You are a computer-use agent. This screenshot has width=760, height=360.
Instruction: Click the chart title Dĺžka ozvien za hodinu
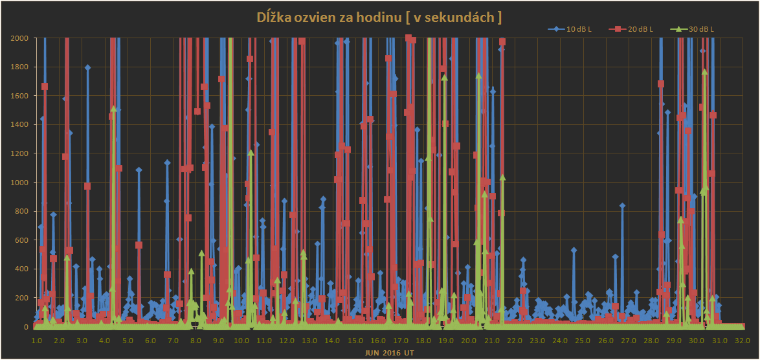380,17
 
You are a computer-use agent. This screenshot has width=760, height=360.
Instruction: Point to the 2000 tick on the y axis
19,38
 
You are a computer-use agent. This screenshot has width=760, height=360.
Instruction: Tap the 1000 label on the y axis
19,183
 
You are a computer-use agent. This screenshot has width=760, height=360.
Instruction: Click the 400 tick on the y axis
21,269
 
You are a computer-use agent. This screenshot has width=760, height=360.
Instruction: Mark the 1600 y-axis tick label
19,96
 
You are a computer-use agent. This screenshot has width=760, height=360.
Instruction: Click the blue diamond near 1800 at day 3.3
87,67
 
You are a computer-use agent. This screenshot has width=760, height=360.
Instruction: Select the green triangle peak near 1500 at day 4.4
113,109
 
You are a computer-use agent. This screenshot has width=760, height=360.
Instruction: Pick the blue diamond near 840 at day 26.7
622,205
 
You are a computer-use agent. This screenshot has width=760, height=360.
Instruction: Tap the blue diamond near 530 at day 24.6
574,250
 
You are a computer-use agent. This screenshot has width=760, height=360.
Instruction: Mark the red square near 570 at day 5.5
139,245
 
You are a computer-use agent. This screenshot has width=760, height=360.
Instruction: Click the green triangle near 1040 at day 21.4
502,177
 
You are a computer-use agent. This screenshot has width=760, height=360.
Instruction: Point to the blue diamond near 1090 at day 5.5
139,170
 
